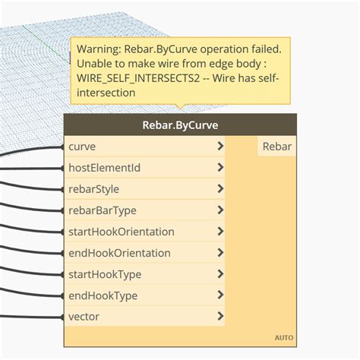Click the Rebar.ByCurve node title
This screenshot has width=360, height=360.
180,125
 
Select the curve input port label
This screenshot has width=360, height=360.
82,147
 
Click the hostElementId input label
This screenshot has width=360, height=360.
104,168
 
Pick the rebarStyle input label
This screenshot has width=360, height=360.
93,189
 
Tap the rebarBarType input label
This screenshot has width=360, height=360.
103,210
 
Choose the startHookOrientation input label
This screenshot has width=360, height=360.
121,232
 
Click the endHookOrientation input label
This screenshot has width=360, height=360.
119,253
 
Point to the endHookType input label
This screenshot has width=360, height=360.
103,295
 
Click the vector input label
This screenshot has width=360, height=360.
84,317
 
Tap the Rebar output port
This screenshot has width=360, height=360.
276,147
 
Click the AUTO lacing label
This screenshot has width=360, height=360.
283,338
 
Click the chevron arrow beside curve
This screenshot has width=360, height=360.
220,147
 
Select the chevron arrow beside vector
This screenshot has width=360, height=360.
220,317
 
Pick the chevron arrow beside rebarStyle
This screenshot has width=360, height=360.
220,189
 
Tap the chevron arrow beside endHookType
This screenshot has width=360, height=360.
220,295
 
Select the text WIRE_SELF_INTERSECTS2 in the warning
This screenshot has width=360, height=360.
139,78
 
